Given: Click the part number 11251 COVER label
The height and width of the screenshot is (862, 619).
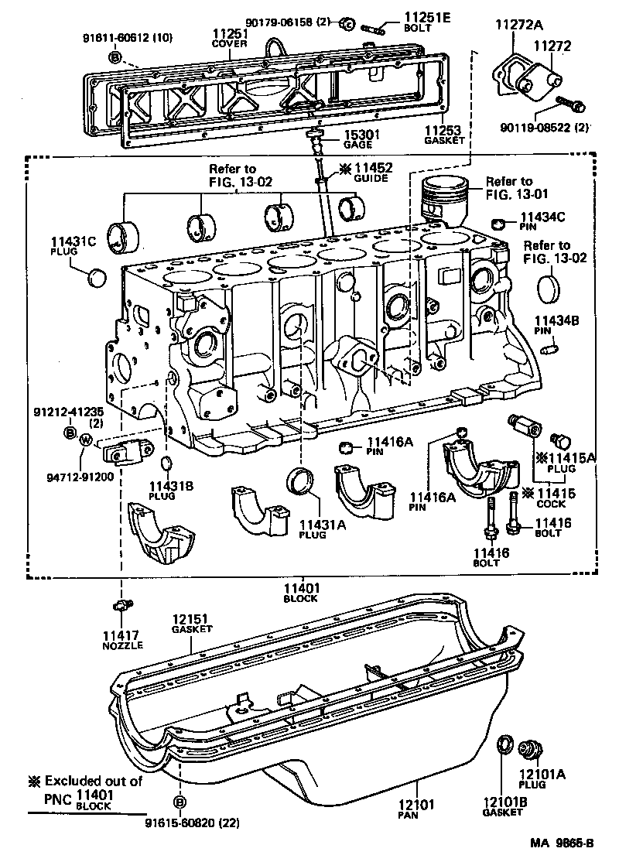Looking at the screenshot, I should [x=230, y=38].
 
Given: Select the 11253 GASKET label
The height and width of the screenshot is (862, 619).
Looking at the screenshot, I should [x=444, y=135].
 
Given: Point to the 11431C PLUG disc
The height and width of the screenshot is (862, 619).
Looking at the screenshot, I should [x=97, y=276].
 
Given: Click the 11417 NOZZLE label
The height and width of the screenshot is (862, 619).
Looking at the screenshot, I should [x=119, y=640].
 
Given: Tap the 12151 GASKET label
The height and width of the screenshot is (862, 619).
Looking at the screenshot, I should [x=191, y=624].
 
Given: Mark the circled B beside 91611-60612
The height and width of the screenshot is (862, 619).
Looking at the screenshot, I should [x=114, y=57].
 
